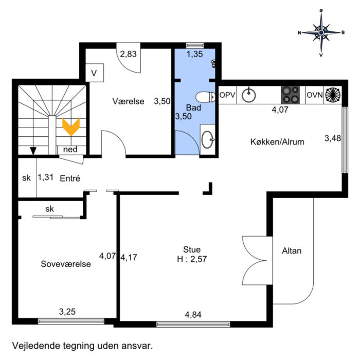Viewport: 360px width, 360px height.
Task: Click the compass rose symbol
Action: coord(321,32)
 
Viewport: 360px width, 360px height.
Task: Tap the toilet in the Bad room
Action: coord(207,97)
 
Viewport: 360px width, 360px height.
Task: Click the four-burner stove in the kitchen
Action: coord(291,95)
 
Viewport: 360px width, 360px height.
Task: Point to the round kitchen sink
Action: coord(249,95)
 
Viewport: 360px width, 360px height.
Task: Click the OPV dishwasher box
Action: coord(227,95)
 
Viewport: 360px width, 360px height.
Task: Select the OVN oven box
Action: coord(314,95)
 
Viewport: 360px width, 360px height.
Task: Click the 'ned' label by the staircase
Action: coord(70,150)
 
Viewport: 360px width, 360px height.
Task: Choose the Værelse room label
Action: coord(129,101)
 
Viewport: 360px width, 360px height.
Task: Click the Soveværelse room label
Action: coord(66,264)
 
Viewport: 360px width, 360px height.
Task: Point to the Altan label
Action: coord(292,251)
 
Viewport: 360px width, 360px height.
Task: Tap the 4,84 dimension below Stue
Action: coord(194,314)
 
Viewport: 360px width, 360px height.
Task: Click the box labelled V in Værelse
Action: coord(94,73)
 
